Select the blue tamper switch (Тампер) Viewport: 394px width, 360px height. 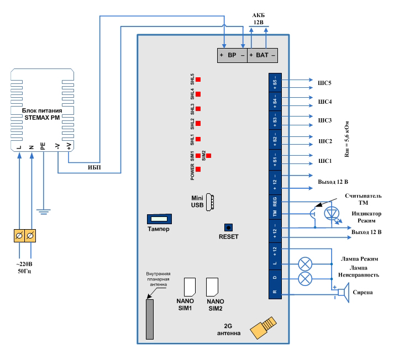pos(158,219)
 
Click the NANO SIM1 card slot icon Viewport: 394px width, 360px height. pos(190,285)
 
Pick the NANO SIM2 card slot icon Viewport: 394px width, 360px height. pos(212,285)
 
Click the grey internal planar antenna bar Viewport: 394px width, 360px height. pos(150,319)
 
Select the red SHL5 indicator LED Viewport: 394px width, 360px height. pos(198,80)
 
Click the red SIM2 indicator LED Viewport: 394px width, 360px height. pos(208,156)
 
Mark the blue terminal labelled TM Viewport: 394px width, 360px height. pos(275,213)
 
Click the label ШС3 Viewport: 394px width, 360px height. pos(325,120)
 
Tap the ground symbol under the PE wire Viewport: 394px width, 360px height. pos(44,210)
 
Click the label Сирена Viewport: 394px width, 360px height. pos(362,292)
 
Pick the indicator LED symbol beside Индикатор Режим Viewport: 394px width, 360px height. pos(332,214)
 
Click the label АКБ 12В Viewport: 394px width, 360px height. pos(259,19)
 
